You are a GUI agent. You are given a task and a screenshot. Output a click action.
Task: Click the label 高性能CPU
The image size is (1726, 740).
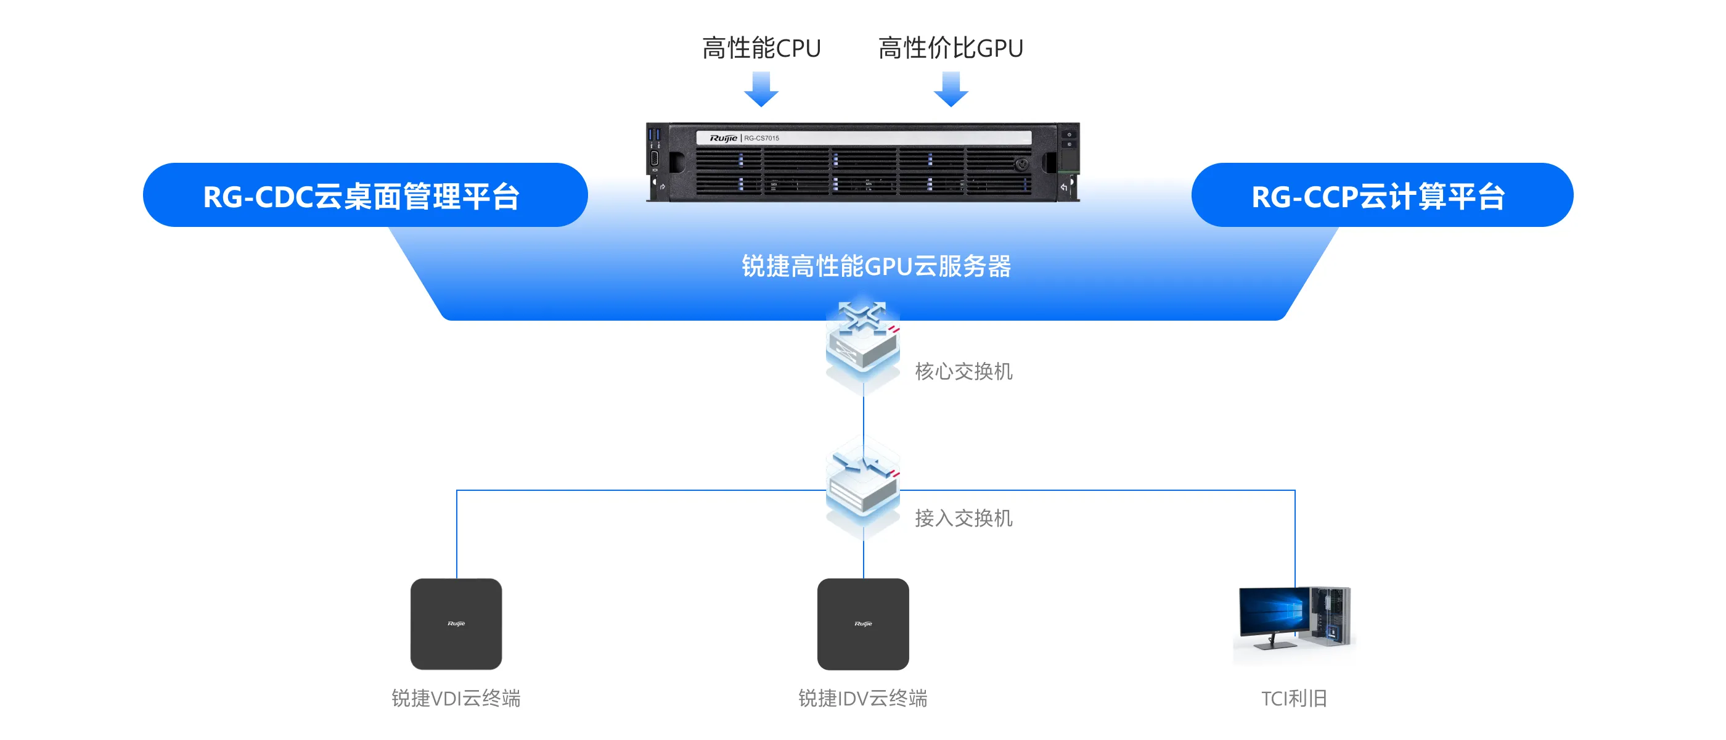pos(761,48)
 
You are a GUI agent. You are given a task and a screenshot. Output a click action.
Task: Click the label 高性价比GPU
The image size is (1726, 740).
pos(950,48)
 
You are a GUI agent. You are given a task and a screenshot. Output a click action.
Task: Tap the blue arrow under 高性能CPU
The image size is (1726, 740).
pos(761,89)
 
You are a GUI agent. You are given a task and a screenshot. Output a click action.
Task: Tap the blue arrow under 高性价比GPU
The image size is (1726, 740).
pos(951,89)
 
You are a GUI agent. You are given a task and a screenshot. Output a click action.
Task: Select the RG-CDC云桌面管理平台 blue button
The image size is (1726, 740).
pos(365,195)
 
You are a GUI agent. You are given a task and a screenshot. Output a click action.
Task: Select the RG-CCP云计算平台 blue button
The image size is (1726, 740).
pos(1381,195)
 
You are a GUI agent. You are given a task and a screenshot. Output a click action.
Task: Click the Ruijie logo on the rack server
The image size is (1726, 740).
pos(723,138)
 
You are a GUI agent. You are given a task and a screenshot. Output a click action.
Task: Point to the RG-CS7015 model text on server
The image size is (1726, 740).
pos(762,138)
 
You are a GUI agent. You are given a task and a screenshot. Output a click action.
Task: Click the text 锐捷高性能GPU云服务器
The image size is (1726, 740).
pos(876,266)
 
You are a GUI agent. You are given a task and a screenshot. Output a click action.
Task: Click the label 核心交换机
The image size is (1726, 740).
pos(963,371)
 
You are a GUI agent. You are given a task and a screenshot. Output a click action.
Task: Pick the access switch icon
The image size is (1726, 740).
pos(863,486)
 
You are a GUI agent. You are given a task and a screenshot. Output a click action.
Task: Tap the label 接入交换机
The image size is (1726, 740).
pos(963,518)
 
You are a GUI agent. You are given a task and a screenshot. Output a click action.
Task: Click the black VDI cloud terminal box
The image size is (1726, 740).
pos(456,623)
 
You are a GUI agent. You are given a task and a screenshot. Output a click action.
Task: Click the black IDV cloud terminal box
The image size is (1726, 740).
pos(863,623)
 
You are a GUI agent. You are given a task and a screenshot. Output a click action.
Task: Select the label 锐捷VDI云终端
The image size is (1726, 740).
pos(456,699)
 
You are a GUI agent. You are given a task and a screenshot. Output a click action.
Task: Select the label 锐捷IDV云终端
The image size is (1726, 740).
pos(863,699)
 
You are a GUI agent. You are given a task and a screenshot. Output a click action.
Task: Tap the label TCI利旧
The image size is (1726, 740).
pos(1294,699)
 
